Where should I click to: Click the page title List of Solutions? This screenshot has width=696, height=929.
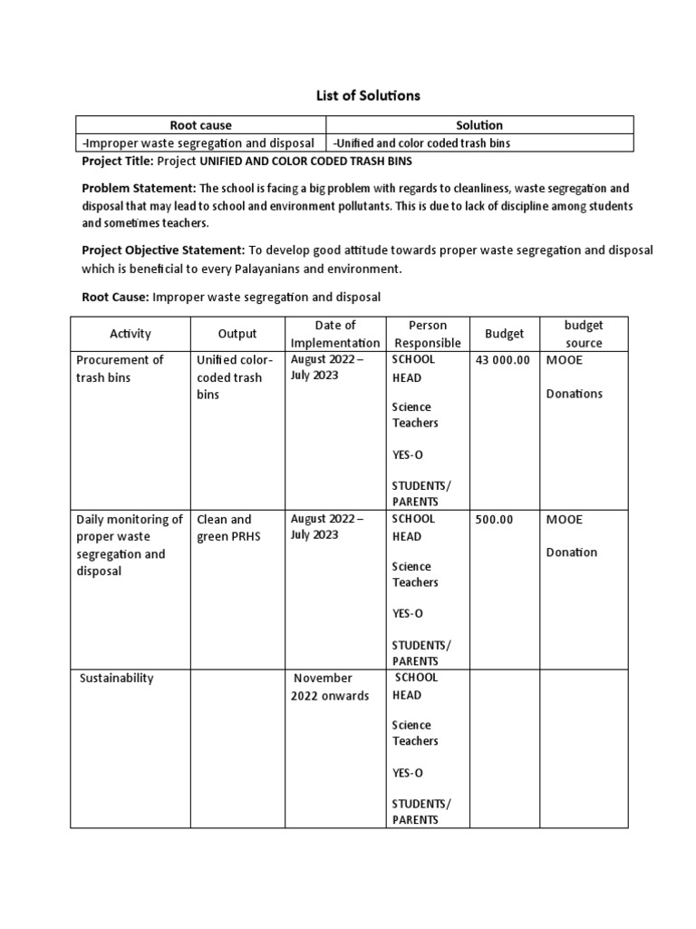pyautogui.click(x=355, y=95)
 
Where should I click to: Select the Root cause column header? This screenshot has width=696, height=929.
pyautogui.click(x=200, y=125)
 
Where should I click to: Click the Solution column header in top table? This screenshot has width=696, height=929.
pyautogui.click(x=480, y=125)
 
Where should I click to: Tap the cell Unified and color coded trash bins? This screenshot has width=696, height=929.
pyautogui.click(x=428, y=143)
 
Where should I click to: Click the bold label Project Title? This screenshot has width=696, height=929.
pyautogui.click(x=118, y=161)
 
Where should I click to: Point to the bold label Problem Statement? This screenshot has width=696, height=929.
pyautogui.click(x=139, y=189)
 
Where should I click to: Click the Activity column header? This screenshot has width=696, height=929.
pyautogui.click(x=130, y=334)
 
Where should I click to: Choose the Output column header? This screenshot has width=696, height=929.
pyautogui.click(x=237, y=334)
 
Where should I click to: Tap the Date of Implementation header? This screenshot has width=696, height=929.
pyautogui.click(x=335, y=334)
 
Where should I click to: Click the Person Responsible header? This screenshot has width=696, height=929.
pyautogui.click(x=426, y=334)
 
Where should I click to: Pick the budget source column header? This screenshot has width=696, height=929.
pyautogui.click(x=583, y=334)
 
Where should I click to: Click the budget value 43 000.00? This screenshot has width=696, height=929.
pyautogui.click(x=502, y=360)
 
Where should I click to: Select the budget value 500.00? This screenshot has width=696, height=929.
pyautogui.click(x=494, y=520)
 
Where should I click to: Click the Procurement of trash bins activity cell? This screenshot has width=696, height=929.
pyautogui.click(x=120, y=368)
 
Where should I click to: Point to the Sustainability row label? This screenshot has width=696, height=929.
pyautogui.click(x=117, y=679)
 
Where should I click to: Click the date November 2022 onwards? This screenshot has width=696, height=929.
pyautogui.click(x=330, y=687)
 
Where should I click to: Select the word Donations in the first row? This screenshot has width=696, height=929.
pyautogui.click(x=574, y=394)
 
